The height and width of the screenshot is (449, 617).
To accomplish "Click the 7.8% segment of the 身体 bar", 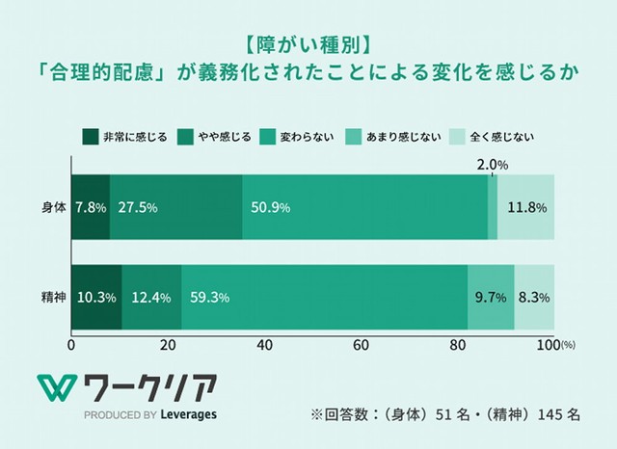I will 91,207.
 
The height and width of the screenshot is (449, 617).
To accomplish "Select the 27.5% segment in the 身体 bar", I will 175,207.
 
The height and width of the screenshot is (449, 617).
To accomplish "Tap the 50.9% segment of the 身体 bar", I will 364,207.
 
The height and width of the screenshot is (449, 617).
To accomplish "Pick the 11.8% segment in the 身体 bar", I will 526,207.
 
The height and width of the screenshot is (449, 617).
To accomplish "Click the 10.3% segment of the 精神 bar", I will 96,297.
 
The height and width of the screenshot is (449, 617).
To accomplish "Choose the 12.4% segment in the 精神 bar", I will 151,297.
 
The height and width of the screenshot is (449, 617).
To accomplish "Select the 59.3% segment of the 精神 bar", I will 323,297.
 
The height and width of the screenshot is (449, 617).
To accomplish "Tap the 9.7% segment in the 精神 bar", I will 491,297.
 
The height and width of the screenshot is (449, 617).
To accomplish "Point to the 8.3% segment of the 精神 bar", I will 534,297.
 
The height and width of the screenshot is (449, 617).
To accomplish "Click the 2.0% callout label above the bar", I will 494,165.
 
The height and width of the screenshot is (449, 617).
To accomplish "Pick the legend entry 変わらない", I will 307,136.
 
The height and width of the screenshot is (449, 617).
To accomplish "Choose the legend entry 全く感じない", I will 502,136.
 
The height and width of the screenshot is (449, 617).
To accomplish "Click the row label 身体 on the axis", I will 53,207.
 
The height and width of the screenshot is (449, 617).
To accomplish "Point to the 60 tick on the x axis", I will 362,344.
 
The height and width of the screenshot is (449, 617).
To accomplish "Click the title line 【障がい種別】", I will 308,45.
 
